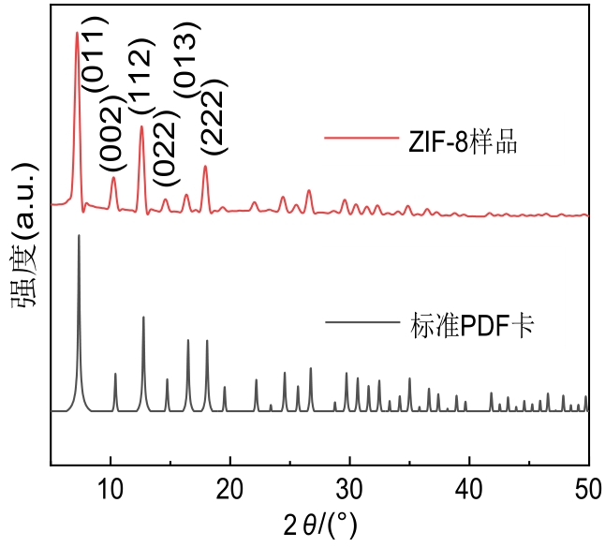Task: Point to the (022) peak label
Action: [x=164, y=154]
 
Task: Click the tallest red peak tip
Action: [x=77, y=33]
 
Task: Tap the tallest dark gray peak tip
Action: [x=79, y=236]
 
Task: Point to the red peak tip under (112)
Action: [x=141, y=126]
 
